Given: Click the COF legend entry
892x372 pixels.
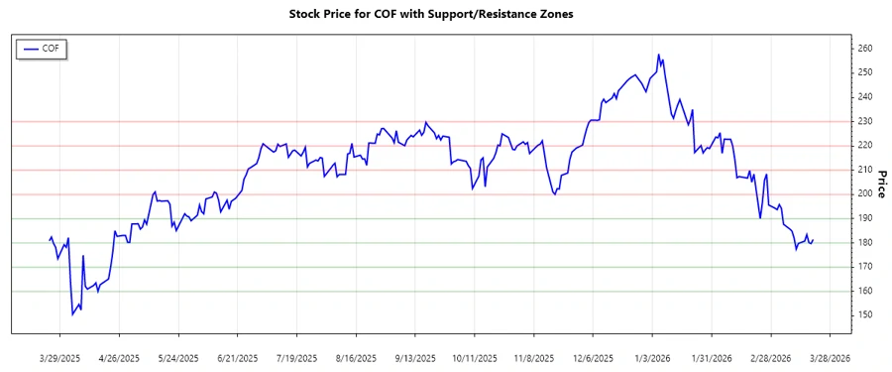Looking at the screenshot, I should (x=41, y=48).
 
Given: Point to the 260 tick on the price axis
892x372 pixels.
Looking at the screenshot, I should (x=865, y=49).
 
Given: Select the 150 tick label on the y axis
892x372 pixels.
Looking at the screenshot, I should (x=865, y=315).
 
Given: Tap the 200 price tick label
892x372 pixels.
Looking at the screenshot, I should (x=865, y=194).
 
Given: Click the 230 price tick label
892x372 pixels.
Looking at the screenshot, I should (x=865, y=121).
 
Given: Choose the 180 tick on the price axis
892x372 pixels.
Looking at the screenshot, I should (x=865, y=243).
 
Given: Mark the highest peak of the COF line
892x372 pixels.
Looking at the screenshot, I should (x=658, y=55).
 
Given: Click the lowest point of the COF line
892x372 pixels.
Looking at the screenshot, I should (x=72, y=314).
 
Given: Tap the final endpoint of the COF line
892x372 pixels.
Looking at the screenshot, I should (x=814, y=239).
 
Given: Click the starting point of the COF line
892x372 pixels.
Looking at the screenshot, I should (x=50, y=239).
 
